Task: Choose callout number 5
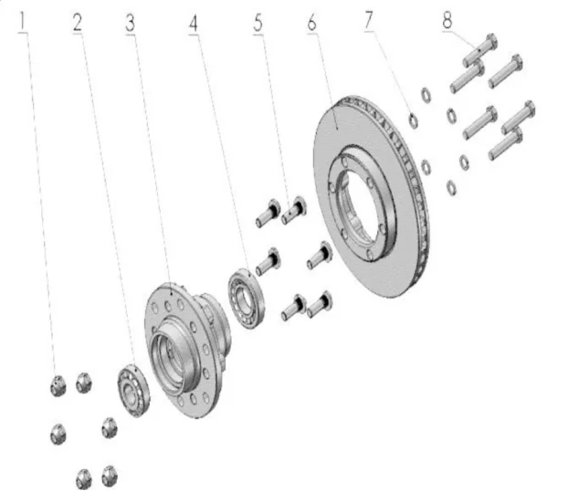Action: coord(258,23)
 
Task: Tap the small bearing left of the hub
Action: coord(132,389)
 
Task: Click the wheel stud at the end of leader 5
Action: coord(295,208)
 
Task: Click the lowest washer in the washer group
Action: coord(449,187)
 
